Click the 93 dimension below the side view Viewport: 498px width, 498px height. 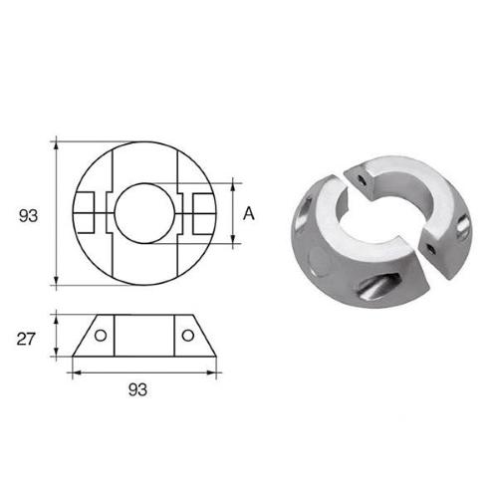(143, 390)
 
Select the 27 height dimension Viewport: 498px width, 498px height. (28, 339)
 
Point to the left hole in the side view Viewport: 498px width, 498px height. (101, 335)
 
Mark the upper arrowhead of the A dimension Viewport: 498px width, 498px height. (235, 183)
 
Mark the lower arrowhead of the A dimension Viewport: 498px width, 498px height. (235, 241)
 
